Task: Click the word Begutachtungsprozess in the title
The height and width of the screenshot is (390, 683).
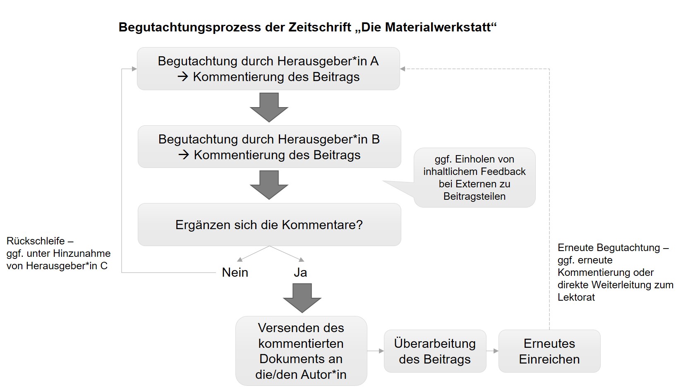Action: [190, 27]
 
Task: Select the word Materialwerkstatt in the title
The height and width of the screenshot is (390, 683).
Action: [438, 27]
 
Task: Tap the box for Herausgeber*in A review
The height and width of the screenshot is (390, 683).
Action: [268, 69]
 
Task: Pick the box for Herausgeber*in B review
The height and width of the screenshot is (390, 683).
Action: [269, 147]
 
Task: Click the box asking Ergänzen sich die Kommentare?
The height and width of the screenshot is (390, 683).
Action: [269, 225]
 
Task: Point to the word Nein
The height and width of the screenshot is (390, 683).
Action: [235, 272]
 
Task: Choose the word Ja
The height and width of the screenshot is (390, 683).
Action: [300, 272]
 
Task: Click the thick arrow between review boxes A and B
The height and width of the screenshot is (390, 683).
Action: [269, 108]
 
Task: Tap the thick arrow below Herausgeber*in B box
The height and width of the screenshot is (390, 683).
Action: [269, 185]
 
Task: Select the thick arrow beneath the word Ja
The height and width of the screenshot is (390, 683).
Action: [302, 298]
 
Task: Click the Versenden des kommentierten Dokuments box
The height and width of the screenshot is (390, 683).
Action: [301, 351]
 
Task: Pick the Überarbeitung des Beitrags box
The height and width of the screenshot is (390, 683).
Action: [435, 351]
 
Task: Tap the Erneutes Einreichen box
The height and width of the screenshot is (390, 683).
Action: [549, 351]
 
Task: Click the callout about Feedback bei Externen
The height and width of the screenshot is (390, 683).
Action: [475, 178]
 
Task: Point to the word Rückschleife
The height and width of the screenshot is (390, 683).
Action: [36, 241]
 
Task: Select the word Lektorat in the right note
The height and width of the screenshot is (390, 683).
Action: [576, 297]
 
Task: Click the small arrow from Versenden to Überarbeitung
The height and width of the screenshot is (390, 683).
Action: [375, 351]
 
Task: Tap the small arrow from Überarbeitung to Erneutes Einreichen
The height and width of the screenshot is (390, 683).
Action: [492, 351]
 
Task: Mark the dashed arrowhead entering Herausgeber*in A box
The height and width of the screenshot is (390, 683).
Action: [403, 69]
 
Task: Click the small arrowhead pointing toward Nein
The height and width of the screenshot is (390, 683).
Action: [240, 259]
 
